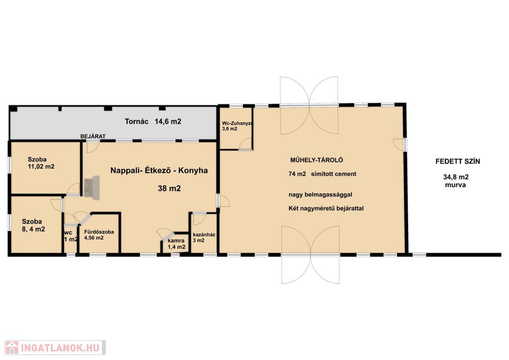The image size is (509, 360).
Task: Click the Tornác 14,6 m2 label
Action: pyautogui.click(x=153, y=121)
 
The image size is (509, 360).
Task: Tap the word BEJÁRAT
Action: pyautogui.click(x=93, y=136)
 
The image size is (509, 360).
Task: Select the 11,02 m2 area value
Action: pyautogui.click(x=41, y=167)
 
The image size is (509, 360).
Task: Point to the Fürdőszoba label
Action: pyautogui.click(x=99, y=232)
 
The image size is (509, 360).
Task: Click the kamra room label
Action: pyautogui.click(x=176, y=241)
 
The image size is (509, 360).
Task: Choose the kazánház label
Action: pyautogui.click(x=204, y=235)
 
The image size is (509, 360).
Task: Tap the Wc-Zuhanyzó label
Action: pyautogui.click(x=237, y=123)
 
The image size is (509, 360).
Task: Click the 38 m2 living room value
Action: pyautogui.click(x=169, y=188)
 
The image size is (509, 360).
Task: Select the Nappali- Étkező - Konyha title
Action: pyautogui.click(x=159, y=171)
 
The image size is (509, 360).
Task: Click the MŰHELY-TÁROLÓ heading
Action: pyautogui.click(x=317, y=160)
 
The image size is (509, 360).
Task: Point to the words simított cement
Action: pyautogui.click(x=334, y=174)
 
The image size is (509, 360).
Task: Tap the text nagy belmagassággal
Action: pyautogui.click(x=321, y=195)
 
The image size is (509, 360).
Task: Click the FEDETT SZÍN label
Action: pyautogui.click(x=458, y=161)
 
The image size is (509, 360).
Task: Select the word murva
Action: pyautogui.click(x=455, y=185)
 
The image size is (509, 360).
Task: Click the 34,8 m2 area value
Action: pyautogui.click(x=456, y=177)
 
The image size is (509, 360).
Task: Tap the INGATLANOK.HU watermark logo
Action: pyautogui.click(x=55, y=348)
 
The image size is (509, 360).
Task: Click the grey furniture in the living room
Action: pyautogui.click(x=92, y=187)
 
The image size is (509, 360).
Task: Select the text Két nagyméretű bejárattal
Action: pyautogui.click(x=326, y=208)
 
